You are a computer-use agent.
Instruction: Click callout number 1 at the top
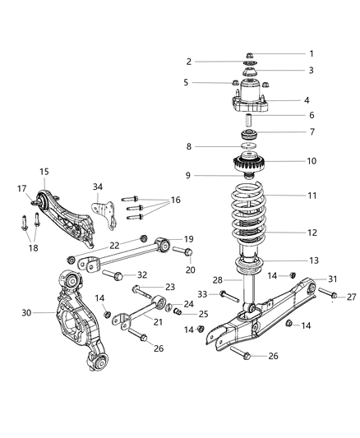pyautogui.click(x=312, y=54)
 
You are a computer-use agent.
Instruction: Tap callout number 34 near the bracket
pyautogui.click(x=99, y=187)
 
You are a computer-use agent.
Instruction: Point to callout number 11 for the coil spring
pyautogui.click(x=312, y=196)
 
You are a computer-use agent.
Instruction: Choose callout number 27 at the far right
pyautogui.click(x=351, y=296)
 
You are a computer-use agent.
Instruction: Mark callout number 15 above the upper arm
pyautogui.click(x=44, y=171)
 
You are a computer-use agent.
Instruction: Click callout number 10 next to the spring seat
pyautogui.click(x=311, y=161)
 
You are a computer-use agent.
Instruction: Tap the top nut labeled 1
pyautogui.click(x=249, y=55)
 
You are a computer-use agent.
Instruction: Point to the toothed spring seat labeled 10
pyautogui.click(x=248, y=161)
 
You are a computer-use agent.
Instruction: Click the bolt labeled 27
pyautogui.click(x=326, y=293)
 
